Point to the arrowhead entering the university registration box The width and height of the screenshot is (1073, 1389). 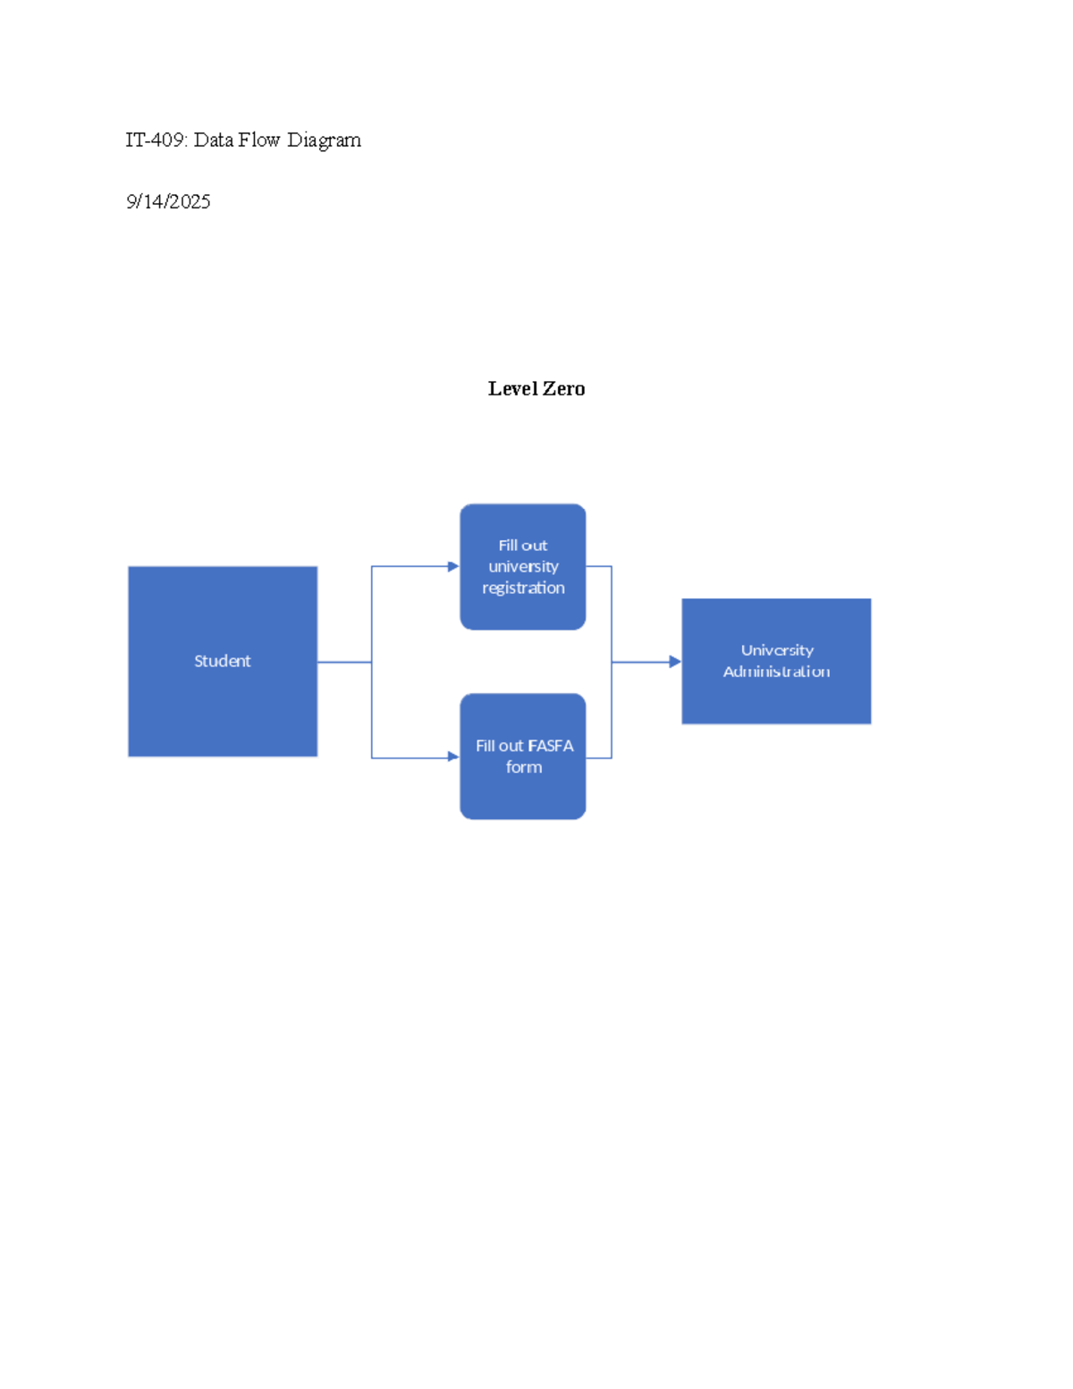pyautogui.click(x=453, y=566)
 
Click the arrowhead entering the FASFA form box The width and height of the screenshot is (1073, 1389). pyautogui.click(x=453, y=757)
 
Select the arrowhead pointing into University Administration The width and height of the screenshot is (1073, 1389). pyautogui.click(x=675, y=662)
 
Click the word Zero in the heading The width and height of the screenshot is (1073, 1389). pyautogui.click(x=564, y=388)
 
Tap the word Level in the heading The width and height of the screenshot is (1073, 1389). pyautogui.click(x=513, y=388)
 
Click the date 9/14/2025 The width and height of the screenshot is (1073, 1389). pyautogui.click(x=168, y=201)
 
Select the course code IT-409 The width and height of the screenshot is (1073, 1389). pyautogui.click(x=155, y=140)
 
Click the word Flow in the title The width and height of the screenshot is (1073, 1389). pyautogui.click(x=259, y=140)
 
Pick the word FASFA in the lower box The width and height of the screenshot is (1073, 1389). pyautogui.click(x=551, y=745)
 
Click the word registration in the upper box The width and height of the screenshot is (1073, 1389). pyautogui.click(x=523, y=588)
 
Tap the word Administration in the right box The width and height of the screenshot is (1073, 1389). pyautogui.click(x=776, y=672)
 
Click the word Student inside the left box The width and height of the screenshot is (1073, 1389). pyautogui.click(x=222, y=661)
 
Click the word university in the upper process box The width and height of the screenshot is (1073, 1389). pyautogui.click(x=523, y=566)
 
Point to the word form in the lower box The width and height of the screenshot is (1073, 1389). pyautogui.click(x=523, y=766)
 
